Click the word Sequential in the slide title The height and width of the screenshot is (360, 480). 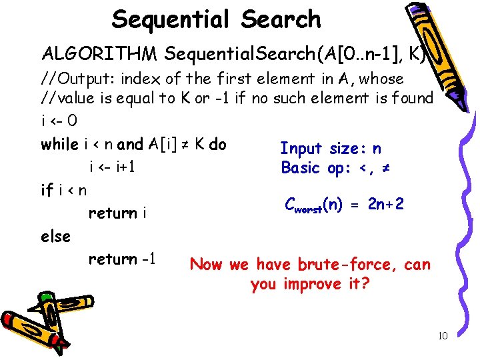[x=169, y=19]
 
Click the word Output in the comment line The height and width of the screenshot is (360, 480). [x=83, y=79]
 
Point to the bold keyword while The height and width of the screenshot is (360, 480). [x=59, y=144]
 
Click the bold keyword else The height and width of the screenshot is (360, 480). [x=55, y=236]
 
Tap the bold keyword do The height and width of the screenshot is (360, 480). [x=217, y=144]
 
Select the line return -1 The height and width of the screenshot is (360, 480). [x=122, y=259]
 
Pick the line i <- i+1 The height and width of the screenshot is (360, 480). [x=112, y=167]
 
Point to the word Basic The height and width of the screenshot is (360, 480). [x=301, y=168]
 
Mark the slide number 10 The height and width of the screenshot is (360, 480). [x=443, y=336]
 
